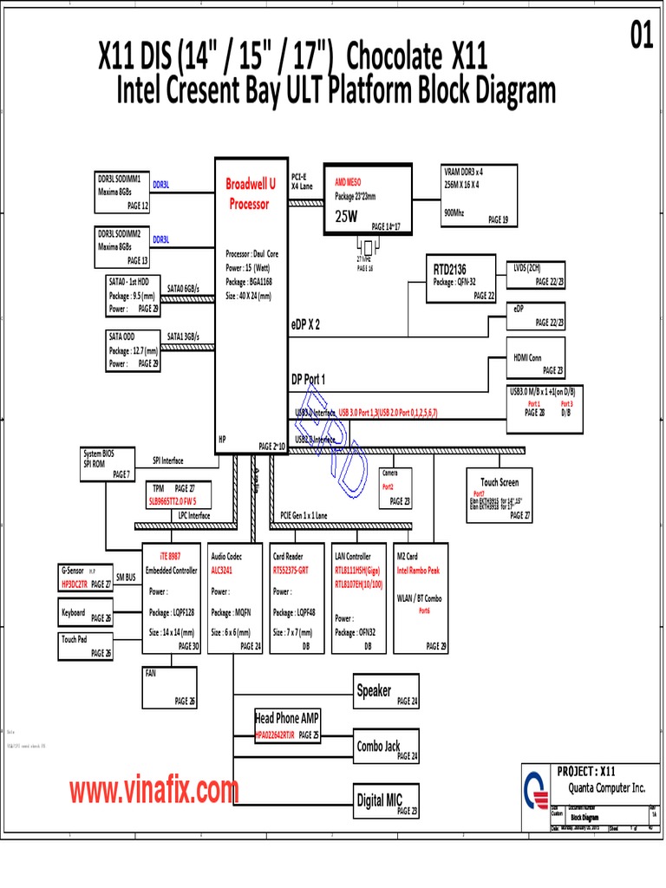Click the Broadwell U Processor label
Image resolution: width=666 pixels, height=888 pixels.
click(x=250, y=194)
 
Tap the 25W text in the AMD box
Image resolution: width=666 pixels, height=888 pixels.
click(x=347, y=217)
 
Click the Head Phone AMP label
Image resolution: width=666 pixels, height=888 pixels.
click(x=287, y=718)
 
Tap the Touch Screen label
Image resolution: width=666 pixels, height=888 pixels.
click(x=499, y=482)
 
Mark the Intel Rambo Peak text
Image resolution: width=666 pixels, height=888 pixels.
click(x=420, y=571)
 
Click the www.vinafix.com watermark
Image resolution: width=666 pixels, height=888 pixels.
click(x=154, y=791)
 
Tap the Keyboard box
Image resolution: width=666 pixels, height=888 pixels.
click(x=85, y=616)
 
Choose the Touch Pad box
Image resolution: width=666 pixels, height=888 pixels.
click(x=85, y=646)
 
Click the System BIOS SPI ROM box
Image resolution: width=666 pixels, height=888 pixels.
click(x=106, y=464)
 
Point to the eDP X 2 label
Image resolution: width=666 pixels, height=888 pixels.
click(x=305, y=324)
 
